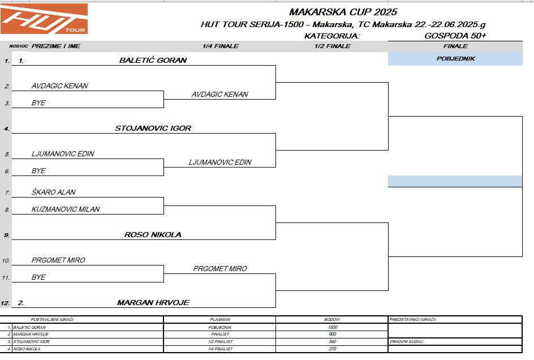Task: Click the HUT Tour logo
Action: [44, 18]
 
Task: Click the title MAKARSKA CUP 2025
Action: [343, 12]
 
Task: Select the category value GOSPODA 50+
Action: [455, 35]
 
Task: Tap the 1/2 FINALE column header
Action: [332, 46]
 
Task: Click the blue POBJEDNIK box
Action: [455, 58]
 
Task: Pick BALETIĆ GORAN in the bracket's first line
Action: [153, 60]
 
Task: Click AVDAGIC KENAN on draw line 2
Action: [59, 86]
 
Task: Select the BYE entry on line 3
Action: [38, 103]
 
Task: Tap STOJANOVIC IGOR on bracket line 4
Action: [153, 128]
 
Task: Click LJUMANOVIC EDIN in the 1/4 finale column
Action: [220, 162]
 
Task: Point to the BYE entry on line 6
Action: [38, 170]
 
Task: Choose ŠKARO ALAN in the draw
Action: [53, 192]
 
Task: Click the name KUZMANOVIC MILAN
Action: [66, 209]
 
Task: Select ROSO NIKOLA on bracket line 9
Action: [153, 234]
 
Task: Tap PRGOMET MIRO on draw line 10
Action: [58, 260]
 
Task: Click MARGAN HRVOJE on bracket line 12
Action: [153, 302]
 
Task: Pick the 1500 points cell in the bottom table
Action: [332, 327]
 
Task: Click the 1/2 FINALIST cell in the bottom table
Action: [219, 341]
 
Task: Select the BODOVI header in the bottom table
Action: [332, 320]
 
